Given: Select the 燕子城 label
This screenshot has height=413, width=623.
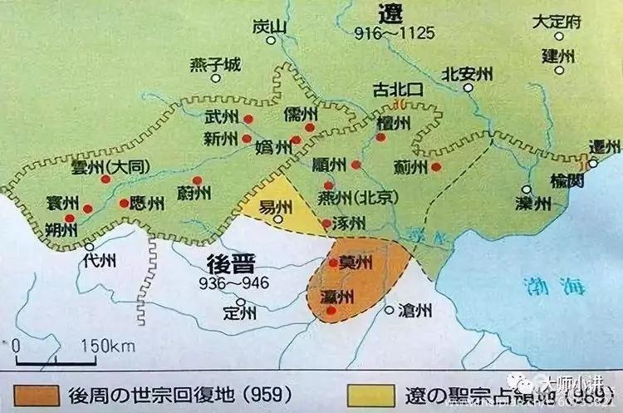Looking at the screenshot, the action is pos(214,64).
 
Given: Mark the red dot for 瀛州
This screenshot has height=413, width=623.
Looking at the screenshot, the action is pos(332,311).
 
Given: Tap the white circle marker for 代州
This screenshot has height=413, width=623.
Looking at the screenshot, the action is pos(90,246).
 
